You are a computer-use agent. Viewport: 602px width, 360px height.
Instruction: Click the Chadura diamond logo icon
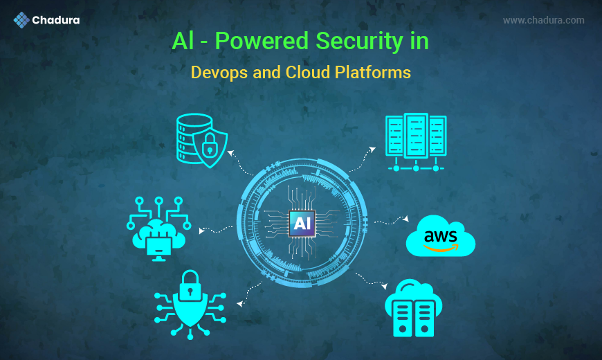21,20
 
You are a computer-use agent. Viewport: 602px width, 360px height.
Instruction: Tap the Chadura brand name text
56,21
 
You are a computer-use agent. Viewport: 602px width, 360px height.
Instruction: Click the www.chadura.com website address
543,21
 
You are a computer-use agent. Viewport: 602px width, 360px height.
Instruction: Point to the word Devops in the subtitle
217,72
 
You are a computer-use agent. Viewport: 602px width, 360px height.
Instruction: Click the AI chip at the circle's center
302,223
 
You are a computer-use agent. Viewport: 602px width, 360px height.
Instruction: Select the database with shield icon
199,141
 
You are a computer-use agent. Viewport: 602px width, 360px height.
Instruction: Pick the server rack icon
415,141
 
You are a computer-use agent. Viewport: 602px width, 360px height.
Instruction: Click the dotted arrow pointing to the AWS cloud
391,221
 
